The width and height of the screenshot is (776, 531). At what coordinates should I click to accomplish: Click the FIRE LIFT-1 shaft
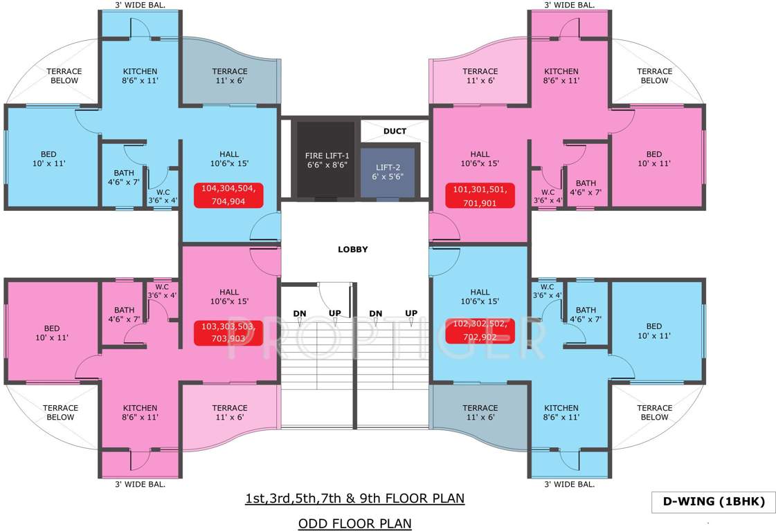pyautogui.click(x=323, y=160)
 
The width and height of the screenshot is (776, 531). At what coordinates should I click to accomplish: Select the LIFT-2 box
pyautogui.click(x=388, y=172)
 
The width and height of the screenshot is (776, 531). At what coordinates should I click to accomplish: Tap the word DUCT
pyautogui.click(x=395, y=131)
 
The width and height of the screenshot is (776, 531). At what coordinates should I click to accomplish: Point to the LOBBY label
pyautogui.click(x=352, y=250)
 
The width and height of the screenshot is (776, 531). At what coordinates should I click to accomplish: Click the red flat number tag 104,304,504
pyautogui.click(x=228, y=195)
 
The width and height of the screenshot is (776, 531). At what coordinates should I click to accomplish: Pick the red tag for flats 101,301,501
pyautogui.click(x=480, y=196)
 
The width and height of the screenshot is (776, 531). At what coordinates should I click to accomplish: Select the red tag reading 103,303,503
pyautogui.click(x=228, y=333)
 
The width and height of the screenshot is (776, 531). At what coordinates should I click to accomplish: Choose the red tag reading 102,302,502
pyautogui.click(x=480, y=330)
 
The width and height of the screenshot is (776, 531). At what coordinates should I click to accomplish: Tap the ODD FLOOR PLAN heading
pyautogui.click(x=354, y=523)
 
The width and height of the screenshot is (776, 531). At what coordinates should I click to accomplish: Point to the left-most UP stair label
pyautogui.click(x=334, y=313)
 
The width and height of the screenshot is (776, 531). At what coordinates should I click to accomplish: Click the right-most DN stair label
pyautogui.click(x=376, y=313)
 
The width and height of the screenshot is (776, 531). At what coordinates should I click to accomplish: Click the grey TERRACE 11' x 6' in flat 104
pyautogui.click(x=230, y=76)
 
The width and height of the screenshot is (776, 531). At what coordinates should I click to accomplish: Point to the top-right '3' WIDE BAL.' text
pyautogui.click(x=569, y=6)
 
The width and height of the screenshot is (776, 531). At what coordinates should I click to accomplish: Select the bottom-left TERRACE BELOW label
pyautogui.click(x=60, y=413)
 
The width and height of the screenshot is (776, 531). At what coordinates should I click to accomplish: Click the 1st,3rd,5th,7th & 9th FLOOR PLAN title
pyautogui.click(x=354, y=499)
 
